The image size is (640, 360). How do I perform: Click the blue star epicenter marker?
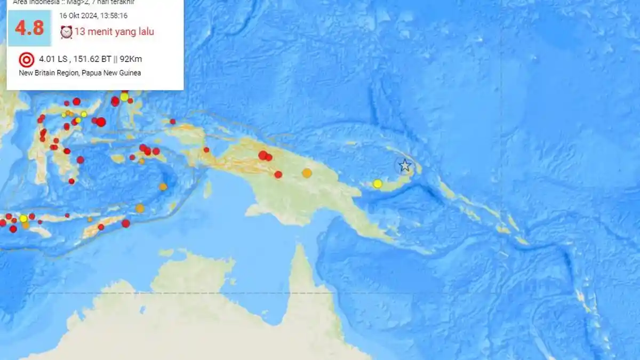pyautogui.click(x=405, y=165)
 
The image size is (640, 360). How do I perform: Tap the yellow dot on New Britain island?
pyautogui.click(x=378, y=183)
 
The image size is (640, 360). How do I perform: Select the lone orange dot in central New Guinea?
pyautogui.click(x=307, y=173)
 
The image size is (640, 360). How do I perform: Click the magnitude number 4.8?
pyautogui.click(x=29, y=28)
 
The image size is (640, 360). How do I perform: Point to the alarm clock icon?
pyautogui.click(x=66, y=32)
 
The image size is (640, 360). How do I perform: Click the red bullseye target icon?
pyautogui.click(x=26, y=59)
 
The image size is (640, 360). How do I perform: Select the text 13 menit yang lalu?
pyautogui.click(x=114, y=32)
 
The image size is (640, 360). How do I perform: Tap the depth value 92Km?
pyautogui.click(x=131, y=59)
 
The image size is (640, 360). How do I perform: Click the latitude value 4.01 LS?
pyautogui.click(x=53, y=59)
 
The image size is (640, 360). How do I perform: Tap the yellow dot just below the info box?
pyautogui.click(x=124, y=97)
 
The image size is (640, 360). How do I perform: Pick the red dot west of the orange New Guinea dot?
pyautogui.click(x=278, y=174)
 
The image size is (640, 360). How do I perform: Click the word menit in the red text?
pyautogui.click(x=100, y=32)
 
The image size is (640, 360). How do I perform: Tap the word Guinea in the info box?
pyautogui.click(x=130, y=73)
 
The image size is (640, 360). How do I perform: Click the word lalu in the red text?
pyautogui.click(x=145, y=32)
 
